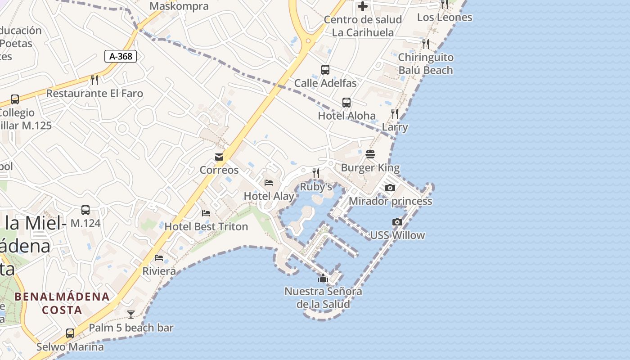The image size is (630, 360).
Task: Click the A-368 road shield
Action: click(x=121, y=56)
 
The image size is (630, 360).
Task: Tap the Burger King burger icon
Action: click(x=370, y=155)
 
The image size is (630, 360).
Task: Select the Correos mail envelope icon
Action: click(x=219, y=157)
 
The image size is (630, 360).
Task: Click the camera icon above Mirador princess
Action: click(x=390, y=188)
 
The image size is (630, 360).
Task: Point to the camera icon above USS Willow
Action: click(x=397, y=222)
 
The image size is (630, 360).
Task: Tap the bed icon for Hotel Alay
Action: click(x=269, y=183)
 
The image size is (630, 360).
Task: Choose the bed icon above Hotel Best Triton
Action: click(x=206, y=213)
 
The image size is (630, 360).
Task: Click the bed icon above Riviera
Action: click(x=159, y=258)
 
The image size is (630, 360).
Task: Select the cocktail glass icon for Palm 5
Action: click(x=131, y=314)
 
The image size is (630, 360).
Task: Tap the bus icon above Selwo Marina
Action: click(x=70, y=333)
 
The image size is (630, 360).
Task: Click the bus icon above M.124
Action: click(x=85, y=210)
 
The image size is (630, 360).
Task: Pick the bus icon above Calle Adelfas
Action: click(x=325, y=70)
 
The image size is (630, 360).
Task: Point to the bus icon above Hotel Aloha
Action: click(x=346, y=102)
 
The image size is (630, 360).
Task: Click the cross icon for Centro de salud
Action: click(x=363, y=6)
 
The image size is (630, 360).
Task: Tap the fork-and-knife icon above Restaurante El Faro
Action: click(x=94, y=80)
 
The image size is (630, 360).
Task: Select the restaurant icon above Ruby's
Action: click(x=316, y=173)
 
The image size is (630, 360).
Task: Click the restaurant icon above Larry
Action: click(x=395, y=114)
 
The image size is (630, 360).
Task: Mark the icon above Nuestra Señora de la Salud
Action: click(x=323, y=278)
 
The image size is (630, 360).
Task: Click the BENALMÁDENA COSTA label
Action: click(x=62, y=303)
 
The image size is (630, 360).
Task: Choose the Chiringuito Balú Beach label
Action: click(x=426, y=64)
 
